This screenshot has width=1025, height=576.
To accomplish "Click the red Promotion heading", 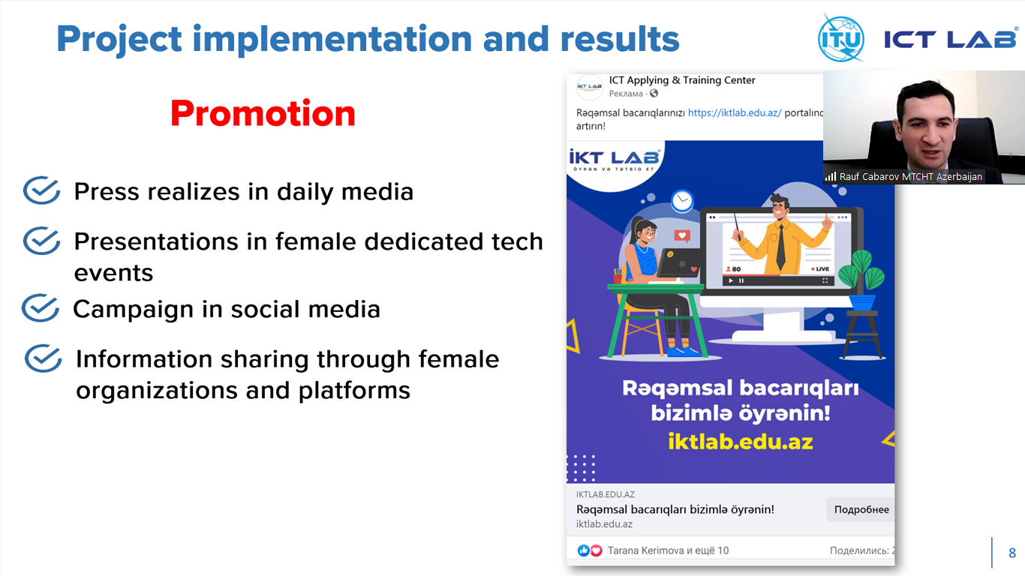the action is [263, 114].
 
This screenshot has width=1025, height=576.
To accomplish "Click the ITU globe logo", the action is [841, 38].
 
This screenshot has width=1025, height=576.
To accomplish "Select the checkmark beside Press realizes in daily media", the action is [41, 190].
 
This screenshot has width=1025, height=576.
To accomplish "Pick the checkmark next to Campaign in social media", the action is [41, 307].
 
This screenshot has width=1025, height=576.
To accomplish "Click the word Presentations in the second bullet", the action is [156, 241].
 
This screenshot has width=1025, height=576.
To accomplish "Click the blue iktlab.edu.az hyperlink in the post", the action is [735, 113].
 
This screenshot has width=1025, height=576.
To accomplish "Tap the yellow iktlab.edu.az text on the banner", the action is [741, 442].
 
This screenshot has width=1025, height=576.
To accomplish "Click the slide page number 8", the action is [1012, 553].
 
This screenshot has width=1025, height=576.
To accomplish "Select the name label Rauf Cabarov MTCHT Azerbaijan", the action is [911, 176].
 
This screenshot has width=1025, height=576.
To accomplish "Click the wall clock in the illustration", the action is [682, 201].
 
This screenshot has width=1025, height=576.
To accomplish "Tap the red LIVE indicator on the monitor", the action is [820, 269].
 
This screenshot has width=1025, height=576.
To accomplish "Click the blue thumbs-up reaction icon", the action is [584, 550].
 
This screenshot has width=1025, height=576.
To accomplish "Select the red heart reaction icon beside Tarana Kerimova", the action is [596, 550].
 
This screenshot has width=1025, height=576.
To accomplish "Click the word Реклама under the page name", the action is [626, 94].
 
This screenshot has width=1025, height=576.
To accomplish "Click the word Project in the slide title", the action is [119, 40].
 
